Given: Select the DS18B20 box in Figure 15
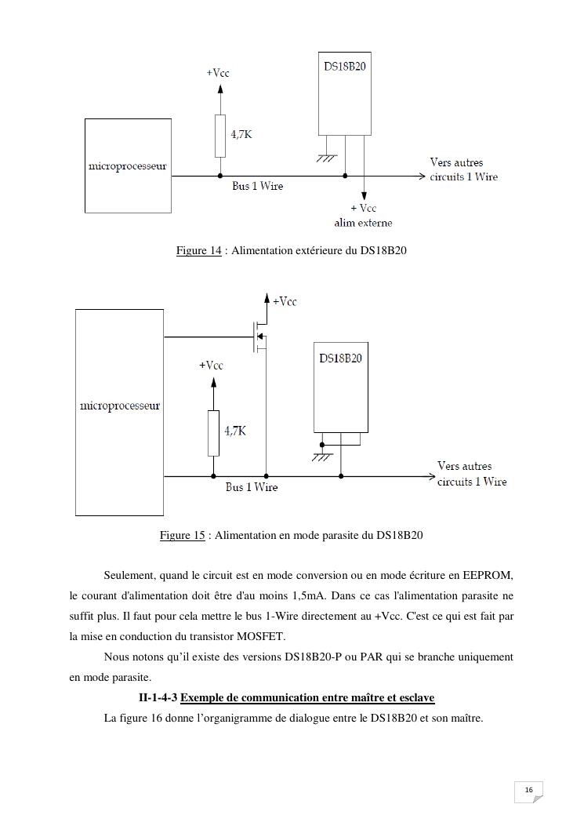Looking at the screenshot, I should point(340,387).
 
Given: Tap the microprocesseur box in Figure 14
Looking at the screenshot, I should point(128,166).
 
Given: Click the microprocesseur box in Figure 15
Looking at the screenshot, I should point(119,412).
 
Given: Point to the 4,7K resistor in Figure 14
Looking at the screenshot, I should point(220,135).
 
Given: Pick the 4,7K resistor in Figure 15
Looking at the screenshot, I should point(213,432).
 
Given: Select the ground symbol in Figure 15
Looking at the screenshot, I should point(321,457).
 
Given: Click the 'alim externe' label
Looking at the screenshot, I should point(364,223).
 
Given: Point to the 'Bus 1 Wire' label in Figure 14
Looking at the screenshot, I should point(257,187).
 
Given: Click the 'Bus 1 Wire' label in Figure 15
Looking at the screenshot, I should point(252,487).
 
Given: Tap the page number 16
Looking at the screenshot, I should point(528,789).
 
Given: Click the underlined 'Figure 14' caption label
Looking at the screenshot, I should point(198,251).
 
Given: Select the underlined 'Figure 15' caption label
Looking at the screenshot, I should point(182,536).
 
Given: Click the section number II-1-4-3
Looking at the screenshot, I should point(158,697).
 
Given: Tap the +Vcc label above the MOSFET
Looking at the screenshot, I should point(285,302).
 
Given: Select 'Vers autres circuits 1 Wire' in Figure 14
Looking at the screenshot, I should point(463,169).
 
